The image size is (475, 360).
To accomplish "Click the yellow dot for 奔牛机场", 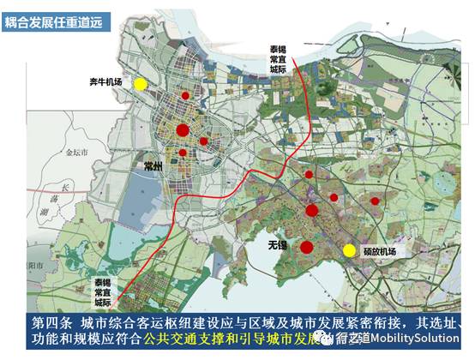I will pos(140,84).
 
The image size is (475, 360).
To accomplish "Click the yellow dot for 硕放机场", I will pos(349,250).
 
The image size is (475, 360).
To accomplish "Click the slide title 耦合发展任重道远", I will pos(54,21).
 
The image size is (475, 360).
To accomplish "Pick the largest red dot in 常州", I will pos(182,130).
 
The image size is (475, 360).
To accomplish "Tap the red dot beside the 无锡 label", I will pos(306,247).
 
